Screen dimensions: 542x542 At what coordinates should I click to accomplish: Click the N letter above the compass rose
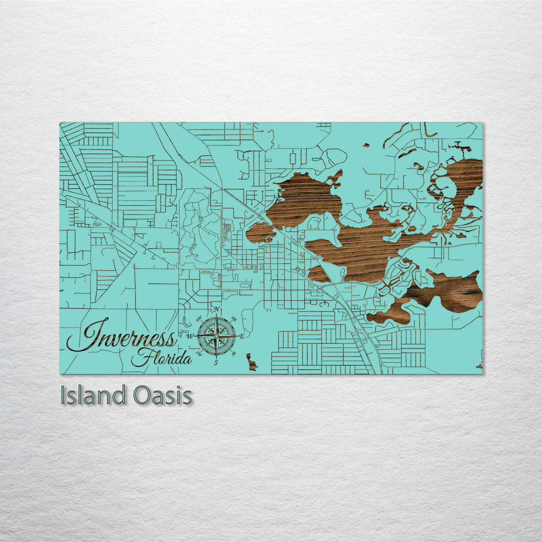click(216, 310)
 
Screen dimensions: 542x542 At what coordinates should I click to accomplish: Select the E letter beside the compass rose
click(242, 336)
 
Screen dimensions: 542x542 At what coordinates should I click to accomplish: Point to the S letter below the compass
click(216, 363)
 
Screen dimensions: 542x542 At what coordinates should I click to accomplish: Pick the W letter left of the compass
click(190, 337)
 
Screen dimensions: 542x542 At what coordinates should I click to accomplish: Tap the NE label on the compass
click(233, 319)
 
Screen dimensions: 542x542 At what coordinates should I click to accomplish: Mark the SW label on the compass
click(199, 354)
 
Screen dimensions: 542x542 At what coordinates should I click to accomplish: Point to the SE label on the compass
click(233, 354)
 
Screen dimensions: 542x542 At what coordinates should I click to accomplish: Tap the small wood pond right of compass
click(251, 362)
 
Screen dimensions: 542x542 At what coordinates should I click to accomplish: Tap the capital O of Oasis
click(142, 395)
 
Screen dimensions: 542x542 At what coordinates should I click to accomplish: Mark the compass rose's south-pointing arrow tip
click(216, 357)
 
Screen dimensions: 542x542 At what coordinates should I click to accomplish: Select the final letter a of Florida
click(187, 360)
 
